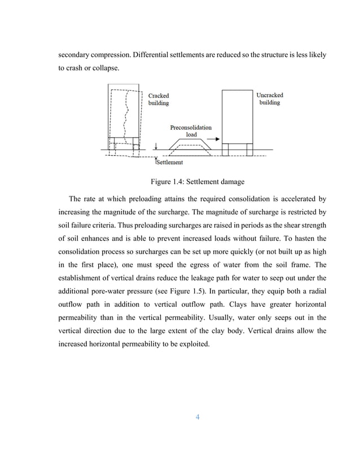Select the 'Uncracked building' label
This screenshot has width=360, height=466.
(269, 99)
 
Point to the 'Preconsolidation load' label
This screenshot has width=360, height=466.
(191, 131)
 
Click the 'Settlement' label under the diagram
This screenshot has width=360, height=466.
(170, 162)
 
